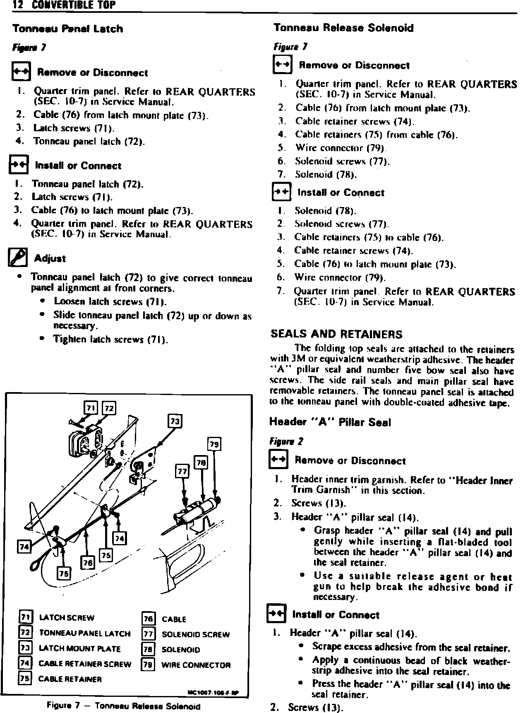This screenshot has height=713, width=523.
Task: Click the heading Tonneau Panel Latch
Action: [67, 29]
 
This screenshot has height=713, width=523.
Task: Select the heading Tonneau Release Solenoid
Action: [343, 28]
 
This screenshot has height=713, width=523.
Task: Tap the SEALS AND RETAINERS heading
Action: [336, 334]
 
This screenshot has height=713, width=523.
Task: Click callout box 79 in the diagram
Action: [214, 444]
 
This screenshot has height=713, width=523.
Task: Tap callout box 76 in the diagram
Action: [88, 563]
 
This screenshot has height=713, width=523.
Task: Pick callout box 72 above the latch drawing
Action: [109, 408]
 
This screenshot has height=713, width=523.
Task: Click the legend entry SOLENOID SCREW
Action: [195, 634]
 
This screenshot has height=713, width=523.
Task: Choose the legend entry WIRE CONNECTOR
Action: [195, 665]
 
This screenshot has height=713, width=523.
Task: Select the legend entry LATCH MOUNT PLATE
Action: [79, 649]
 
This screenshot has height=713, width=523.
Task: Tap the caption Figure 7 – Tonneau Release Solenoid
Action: [124, 706]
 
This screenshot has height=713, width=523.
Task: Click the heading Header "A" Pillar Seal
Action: [330, 422]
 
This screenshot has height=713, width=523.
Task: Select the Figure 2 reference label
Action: [286, 441]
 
